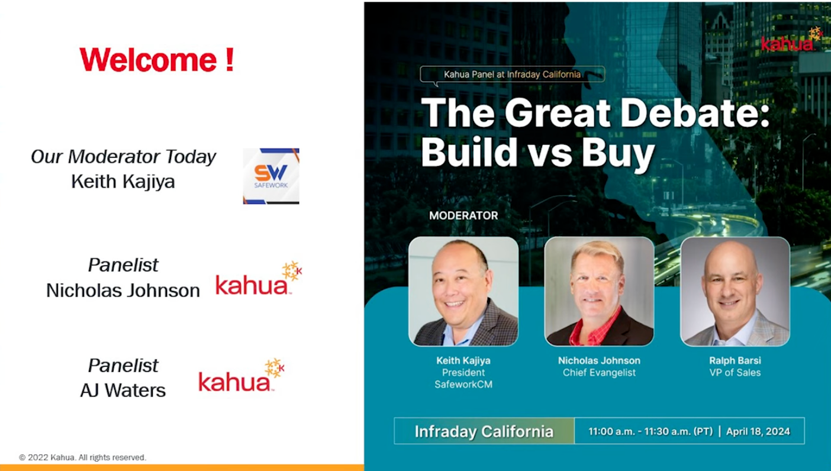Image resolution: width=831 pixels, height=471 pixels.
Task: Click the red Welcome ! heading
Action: click(157, 60)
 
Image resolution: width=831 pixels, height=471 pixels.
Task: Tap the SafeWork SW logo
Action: click(271, 176)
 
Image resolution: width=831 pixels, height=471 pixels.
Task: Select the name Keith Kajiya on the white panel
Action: click(123, 181)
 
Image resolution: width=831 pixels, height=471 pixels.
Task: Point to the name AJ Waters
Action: click(123, 391)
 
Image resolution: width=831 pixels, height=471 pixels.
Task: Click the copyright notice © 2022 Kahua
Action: click(82, 457)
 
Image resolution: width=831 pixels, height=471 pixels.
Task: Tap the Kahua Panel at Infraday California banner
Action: click(512, 75)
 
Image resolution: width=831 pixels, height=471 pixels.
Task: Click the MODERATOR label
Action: click(463, 215)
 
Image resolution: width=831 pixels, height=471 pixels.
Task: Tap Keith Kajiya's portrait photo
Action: click(463, 291)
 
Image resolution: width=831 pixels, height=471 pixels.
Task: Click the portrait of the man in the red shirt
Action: click(599, 291)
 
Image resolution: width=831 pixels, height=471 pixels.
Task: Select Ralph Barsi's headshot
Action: click(735, 291)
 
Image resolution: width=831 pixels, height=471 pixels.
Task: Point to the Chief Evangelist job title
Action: click(599, 372)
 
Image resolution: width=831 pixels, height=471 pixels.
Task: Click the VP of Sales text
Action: click(735, 372)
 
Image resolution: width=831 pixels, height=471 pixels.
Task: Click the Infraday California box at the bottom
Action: click(484, 431)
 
